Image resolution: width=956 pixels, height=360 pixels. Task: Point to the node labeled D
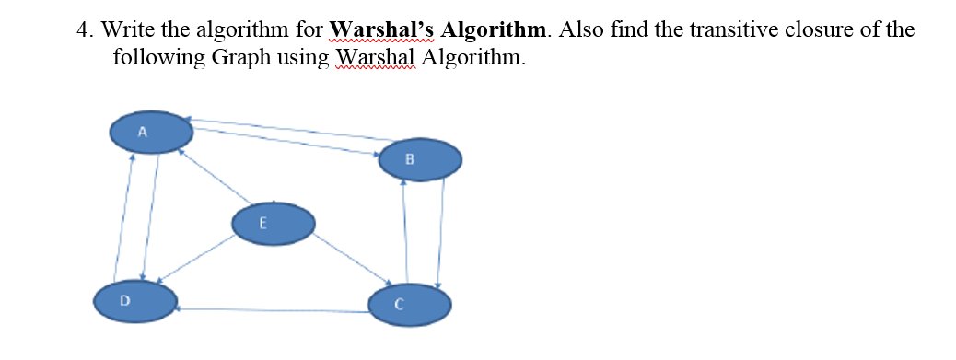click(x=135, y=301)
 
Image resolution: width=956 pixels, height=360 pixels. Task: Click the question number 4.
click(x=83, y=29)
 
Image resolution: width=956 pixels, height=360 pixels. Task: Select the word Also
click(x=581, y=29)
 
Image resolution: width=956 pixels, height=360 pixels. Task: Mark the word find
click(x=636, y=29)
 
